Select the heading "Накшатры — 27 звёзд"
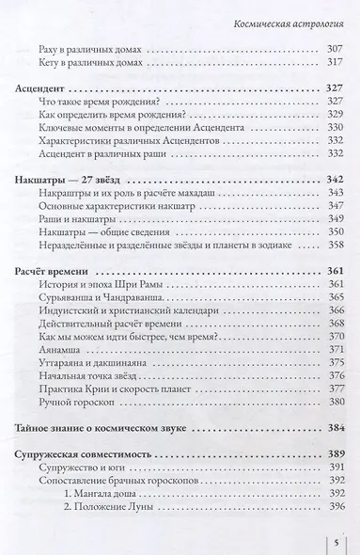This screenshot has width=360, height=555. click(x=74, y=177)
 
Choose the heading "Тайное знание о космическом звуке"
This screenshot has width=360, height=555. click(x=109, y=426)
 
